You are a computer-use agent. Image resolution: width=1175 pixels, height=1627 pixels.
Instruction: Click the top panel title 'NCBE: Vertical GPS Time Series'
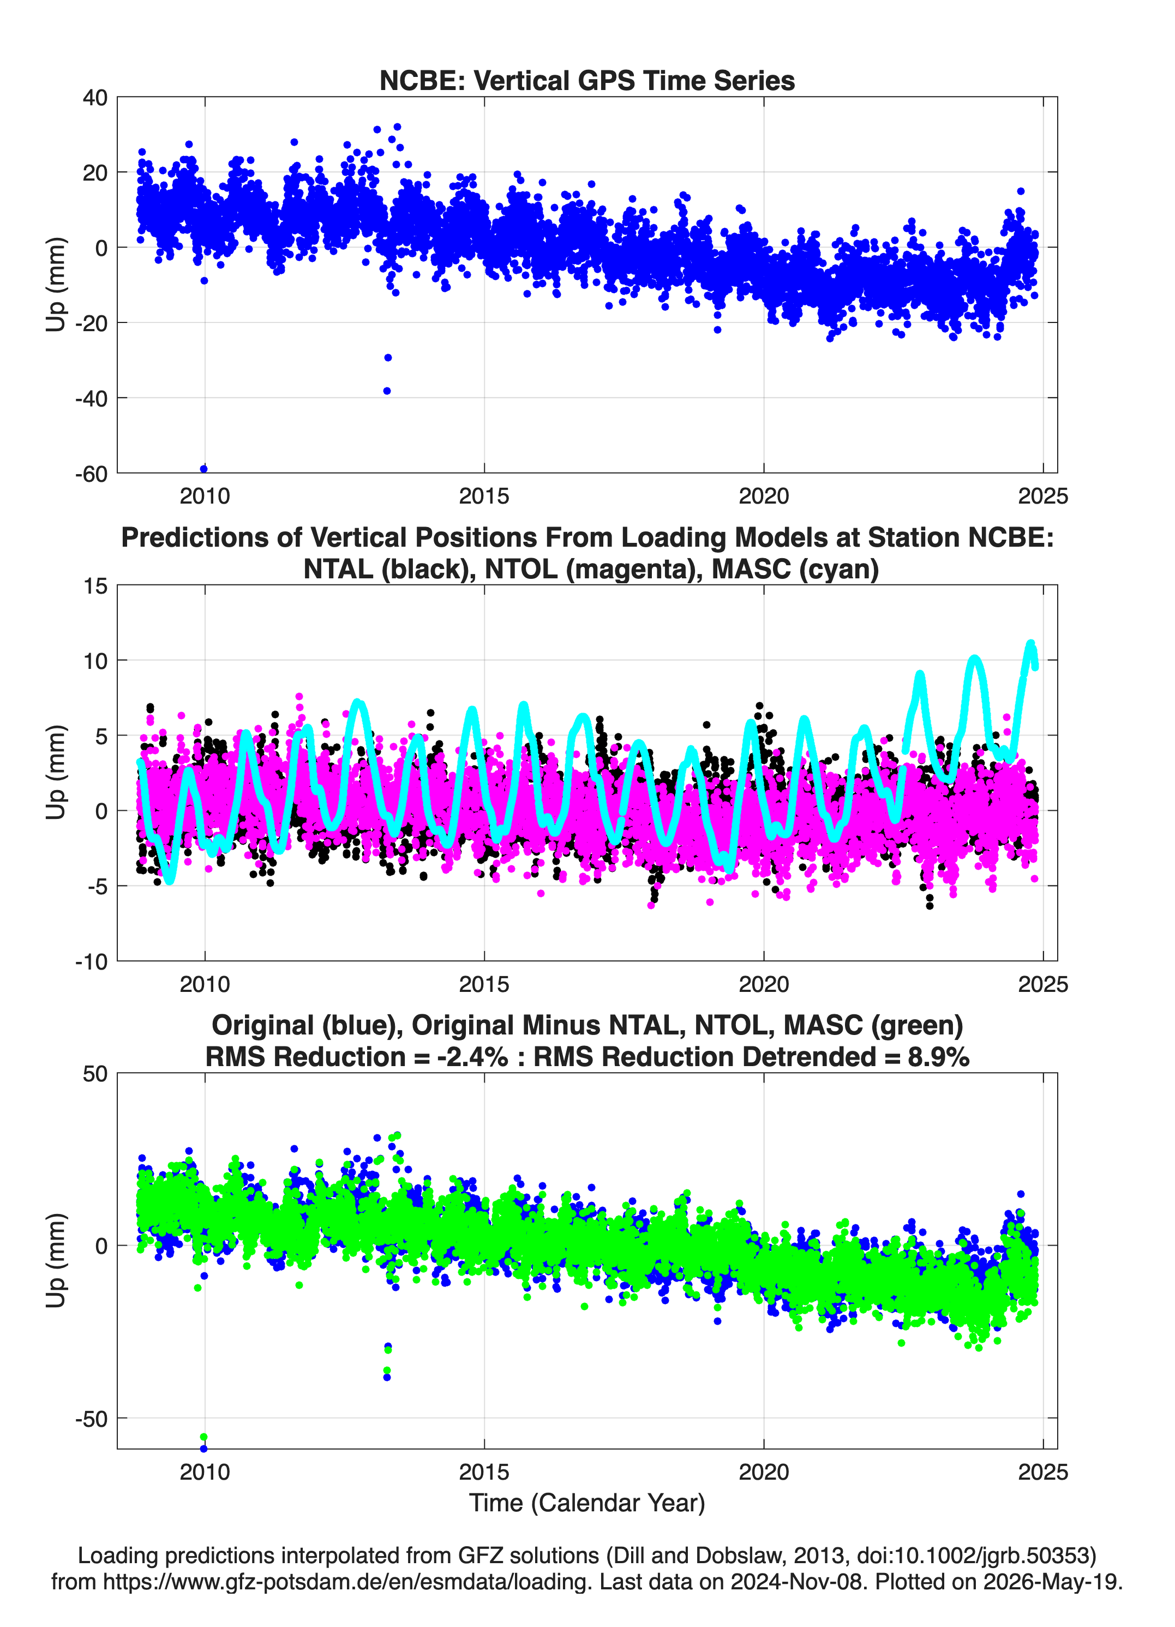tap(587, 80)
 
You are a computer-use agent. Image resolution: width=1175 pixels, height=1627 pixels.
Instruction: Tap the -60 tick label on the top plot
tap(91, 474)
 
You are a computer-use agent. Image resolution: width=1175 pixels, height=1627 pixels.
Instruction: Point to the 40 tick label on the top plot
tap(95, 98)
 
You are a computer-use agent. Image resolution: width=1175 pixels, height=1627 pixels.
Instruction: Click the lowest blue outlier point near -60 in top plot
tap(203, 469)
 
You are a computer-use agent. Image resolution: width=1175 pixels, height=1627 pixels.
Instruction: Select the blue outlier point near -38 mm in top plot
tap(387, 391)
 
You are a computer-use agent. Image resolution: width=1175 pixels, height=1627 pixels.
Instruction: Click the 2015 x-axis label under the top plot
tap(484, 496)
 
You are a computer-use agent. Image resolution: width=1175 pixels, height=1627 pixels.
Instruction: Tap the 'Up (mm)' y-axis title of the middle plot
tap(56, 773)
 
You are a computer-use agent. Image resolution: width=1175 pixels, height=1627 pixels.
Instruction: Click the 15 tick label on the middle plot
tap(96, 586)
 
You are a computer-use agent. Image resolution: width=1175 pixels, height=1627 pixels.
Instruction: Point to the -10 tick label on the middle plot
tap(91, 962)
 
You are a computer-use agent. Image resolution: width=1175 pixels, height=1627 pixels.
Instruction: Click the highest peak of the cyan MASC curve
tap(1031, 643)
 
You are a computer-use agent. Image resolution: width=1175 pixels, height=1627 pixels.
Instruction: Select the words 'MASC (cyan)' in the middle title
tap(795, 569)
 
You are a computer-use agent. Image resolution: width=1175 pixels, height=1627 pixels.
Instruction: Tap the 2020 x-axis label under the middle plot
tap(764, 984)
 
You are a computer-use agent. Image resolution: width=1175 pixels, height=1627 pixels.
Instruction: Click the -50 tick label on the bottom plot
tap(91, 1420)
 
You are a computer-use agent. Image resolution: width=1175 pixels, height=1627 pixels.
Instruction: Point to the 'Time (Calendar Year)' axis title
tap(587, 1503)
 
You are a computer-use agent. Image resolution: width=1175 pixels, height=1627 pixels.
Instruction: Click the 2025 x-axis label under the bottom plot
tap(1043, 1473)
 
